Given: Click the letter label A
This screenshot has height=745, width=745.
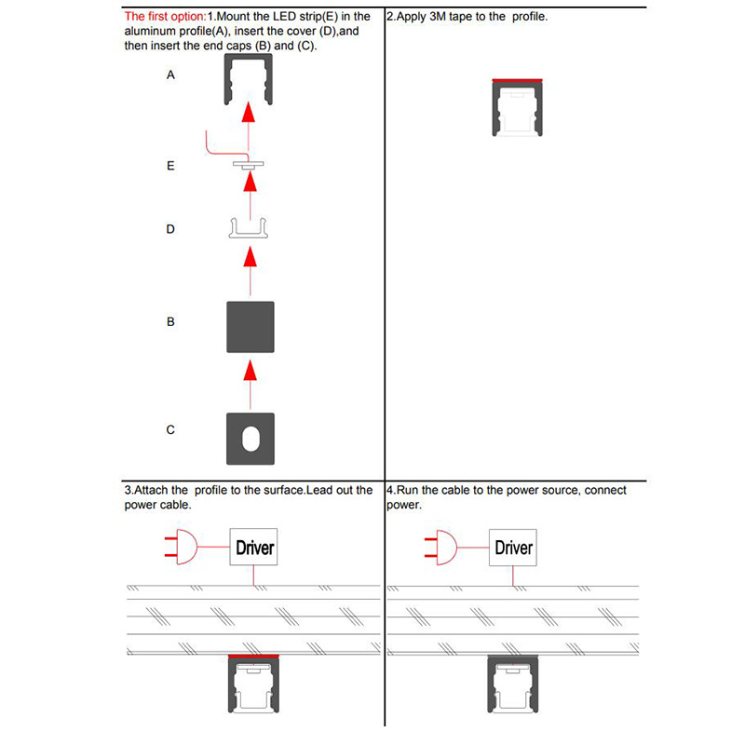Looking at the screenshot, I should [x=170, y=74].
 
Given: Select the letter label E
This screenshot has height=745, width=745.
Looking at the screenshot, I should [x=170, y=166].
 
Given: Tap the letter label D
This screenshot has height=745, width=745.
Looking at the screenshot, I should [x=170, y=228].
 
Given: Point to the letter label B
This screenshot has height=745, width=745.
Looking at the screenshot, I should [x=170, y=321].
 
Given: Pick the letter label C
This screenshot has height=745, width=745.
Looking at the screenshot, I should [x=170, y=430].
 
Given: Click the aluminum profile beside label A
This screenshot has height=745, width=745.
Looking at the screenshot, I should [x=249, y=78].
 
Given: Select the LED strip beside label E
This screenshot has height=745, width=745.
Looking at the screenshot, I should [x=249, y=165].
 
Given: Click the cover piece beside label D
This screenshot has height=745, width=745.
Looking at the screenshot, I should [x=249, y=228].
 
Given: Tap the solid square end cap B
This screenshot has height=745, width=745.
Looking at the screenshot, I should [x=250, y=326].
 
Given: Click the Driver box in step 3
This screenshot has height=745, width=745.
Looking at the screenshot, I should [x=254, y=547].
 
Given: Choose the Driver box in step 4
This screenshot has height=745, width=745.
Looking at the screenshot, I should [x=513, y=547].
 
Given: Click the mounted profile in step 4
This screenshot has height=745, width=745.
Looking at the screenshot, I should [x=513, y=689].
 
